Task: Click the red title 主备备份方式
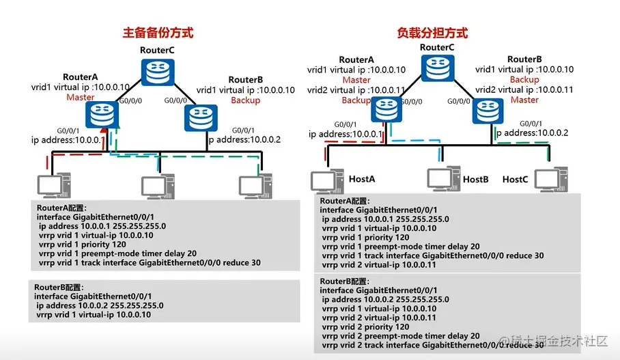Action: tap(158, 32)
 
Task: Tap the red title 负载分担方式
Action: tap(432, 32)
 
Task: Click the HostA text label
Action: tap(363, 179)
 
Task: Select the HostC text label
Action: tap(515, 179)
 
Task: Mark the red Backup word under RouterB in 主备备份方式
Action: tap(245, 100)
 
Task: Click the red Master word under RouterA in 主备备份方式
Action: tap(80, 98)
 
